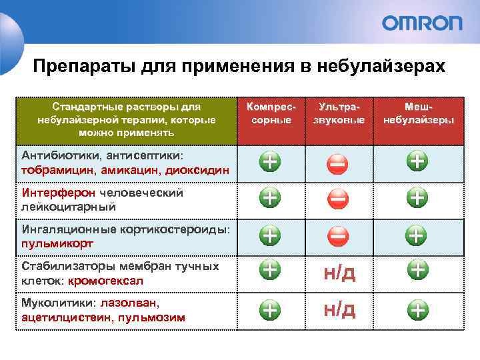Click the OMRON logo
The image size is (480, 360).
pos(421,23)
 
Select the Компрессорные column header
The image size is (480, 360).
pos(269,113)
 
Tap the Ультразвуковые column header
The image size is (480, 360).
pos(339,113)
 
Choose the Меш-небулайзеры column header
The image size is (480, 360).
pos(418,113)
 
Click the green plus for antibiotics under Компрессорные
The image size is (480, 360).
pos(270,161)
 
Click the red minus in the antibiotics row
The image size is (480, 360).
pos(337,162)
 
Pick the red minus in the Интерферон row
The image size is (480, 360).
pos(337,198)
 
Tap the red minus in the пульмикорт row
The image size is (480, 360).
pos(337,235)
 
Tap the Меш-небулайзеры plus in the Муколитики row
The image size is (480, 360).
pos(417,309)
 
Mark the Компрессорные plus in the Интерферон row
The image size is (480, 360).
pos(270,198)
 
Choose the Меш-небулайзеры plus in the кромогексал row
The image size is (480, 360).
pos(417,269)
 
